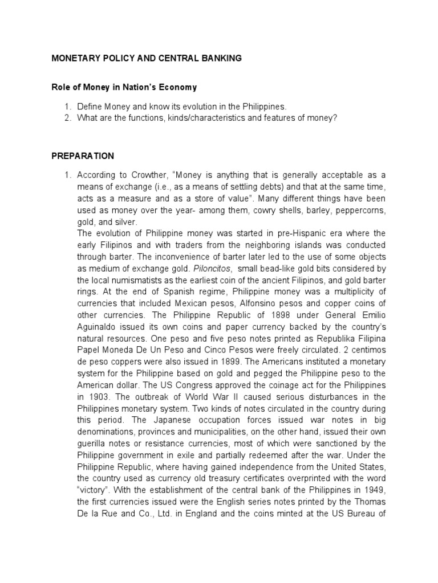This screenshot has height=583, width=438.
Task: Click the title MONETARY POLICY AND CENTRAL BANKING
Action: click(147, 58)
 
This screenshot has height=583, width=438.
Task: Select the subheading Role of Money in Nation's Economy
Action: click(124, 87)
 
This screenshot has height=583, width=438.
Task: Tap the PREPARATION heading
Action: click(83, 156)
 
